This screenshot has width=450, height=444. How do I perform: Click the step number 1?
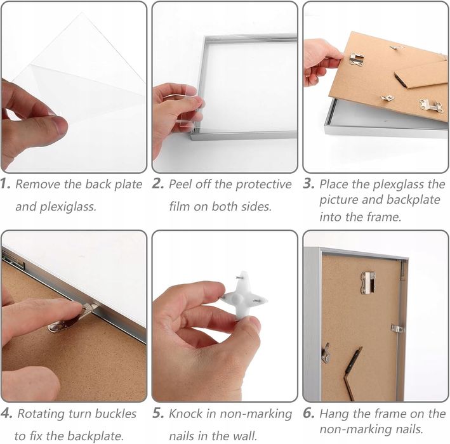pyautogui.click(x=5, y=184)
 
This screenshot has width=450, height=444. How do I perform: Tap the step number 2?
pyautogui.click(x=158, y=184)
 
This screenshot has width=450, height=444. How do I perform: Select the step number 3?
pyautogui.click(x=309, y=184)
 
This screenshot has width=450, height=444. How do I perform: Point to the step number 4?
pyautogui.click(x=6, y=414)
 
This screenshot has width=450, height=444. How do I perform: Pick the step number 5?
pyautogui.click(x=158, y=414)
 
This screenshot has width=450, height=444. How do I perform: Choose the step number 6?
pyautogui.click(x=309, y=414)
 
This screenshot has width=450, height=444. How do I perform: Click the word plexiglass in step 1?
pyautogui.click(x=68, y=207)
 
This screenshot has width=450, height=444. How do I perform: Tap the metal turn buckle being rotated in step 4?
pyautogui.click(x=72, y=318)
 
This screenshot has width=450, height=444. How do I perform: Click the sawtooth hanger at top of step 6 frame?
pyautogui.click(x=368, y=283)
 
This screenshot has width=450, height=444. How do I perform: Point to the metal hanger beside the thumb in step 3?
pyautogui.click(x=357, y=60)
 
